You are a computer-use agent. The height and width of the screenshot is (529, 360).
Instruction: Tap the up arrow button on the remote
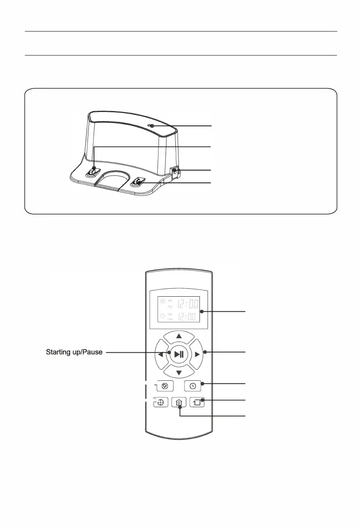(x=179, y=336)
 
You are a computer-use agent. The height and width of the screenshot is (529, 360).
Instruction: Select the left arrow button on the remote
(x=161, y=354)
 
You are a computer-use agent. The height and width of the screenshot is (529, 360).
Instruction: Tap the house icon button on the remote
(x=179, y=403)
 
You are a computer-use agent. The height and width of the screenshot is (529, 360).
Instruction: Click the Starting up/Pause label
(x=75, y=352)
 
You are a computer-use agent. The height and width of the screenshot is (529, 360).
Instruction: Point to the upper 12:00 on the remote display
(x=188, y=305)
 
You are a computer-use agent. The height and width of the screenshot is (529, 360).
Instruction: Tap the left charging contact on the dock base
(x=93, y=171)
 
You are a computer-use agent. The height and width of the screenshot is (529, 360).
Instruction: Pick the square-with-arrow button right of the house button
(x=198, y=403)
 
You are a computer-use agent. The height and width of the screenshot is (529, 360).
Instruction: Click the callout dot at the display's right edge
(x=201, y=311)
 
